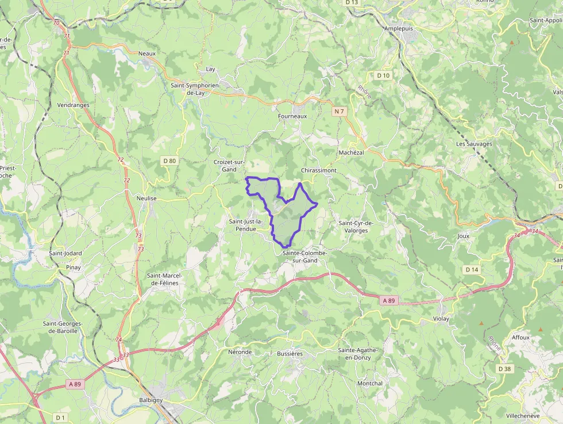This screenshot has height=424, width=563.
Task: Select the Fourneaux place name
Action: pyautogui.click(x=292, y=116)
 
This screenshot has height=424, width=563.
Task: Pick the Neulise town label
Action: pyautogui.click(x=146, y=197)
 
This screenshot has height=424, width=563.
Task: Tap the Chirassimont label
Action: pyautogui.click(x=319, y=171)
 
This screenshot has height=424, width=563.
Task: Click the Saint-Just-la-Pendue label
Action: pyautogui.click(x=246, y=225)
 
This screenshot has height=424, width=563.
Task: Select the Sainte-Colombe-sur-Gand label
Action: pyautogui.click(x=304, y=257)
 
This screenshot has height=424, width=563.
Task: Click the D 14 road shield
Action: pyautogui.click(x=472, y=269)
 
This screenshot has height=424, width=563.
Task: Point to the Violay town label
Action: pyautogui.click(x=441, y=318)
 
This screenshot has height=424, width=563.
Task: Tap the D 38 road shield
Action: pyautogui.click(x=504, y=368)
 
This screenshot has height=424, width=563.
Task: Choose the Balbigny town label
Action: pyautogui.click(x=152, y=400)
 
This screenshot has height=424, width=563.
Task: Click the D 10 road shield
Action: pyautogui.click(x=383, y=75)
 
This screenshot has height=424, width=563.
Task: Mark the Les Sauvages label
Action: pyautogui.click(x=474, y=144)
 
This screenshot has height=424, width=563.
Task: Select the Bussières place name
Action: pyautogui.click(x=290, y=354)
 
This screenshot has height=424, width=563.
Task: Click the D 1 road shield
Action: pyautogui.click(x=60, y=417)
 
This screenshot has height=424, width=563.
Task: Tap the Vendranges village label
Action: pyautogui.click(x=74, y=105)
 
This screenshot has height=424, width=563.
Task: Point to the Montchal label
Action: pyautogui.click(x=369, y=383)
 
